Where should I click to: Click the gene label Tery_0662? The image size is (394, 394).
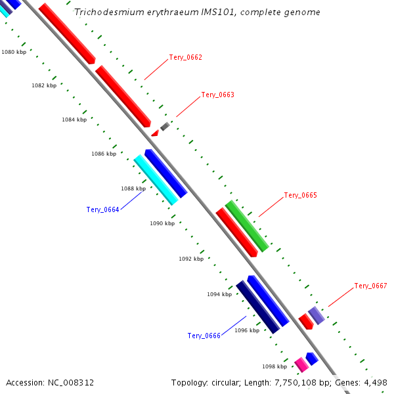(x=185, y=58)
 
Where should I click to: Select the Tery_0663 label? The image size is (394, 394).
(x=217, y=95)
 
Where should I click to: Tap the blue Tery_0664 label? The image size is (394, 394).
(x=102, y=210)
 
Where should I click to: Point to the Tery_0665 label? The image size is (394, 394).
(x=300, y=196)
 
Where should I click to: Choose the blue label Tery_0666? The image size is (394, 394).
(x=204, y=336)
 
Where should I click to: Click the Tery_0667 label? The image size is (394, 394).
(x=370, y=286)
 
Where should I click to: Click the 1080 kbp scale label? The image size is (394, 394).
(x=14, y=52)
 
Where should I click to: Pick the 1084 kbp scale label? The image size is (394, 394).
(x=74, y=120)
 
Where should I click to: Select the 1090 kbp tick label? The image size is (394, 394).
(x=162, y=224)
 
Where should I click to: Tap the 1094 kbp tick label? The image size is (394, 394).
(x=219, y=295)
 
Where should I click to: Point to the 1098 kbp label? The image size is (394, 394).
(x=274, y=367)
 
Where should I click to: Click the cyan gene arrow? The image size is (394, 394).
(x=156, y=179)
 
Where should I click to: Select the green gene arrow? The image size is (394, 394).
(x=247, y=226)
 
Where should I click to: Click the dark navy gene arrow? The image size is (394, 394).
(x=257, y=307)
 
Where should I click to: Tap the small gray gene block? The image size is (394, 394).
(x=165, y=126)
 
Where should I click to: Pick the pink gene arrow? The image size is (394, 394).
(x=301, y=364)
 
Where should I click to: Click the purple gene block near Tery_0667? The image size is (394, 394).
(x=317, y=315)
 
